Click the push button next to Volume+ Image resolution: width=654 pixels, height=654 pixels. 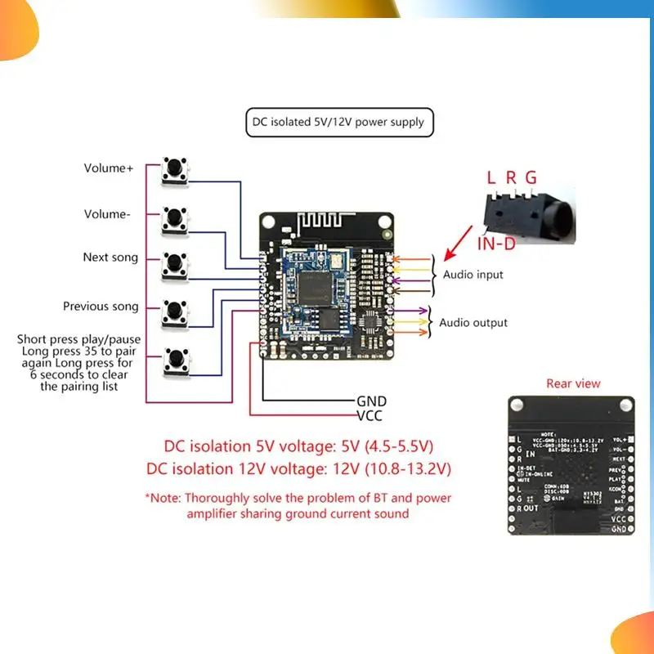(174, 169)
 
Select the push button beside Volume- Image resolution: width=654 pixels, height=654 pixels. (174, 217)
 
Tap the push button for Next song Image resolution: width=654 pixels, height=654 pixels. (174, 264)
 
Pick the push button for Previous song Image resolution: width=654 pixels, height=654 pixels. (174, 311)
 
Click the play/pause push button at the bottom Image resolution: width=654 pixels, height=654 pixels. (174, 360)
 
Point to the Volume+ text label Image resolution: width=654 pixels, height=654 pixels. (108, 169)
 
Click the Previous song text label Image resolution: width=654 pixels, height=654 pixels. (101, 307)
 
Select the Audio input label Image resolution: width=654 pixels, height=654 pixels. (473, 275)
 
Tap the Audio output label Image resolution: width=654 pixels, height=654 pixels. (473, 323)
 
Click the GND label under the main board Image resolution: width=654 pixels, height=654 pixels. (371, 401)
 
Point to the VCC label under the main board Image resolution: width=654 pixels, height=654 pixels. (370, 415)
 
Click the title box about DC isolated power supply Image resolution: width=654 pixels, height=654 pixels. (339, 123)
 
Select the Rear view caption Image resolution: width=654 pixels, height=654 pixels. (573, 383)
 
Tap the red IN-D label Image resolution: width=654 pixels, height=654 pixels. (497, 243)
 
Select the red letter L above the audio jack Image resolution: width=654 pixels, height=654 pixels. (490, 177)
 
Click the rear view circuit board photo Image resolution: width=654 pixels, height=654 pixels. (571, 465)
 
